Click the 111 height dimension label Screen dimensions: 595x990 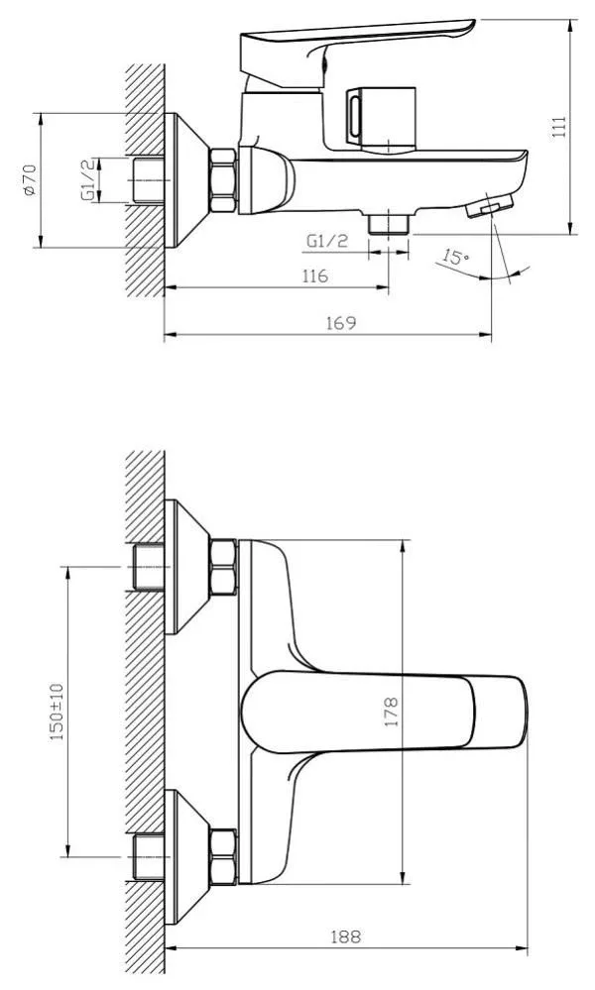coord(559,127)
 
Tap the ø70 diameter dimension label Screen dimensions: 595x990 coord(30,180)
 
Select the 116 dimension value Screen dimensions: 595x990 coord(314,275)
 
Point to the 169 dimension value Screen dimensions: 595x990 coord(341,323)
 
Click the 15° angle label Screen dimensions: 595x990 coord(455,257)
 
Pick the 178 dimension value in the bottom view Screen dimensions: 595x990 coord(392,712)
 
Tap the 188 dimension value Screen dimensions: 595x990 coord(346,936)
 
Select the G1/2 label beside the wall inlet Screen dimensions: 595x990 coord(90,180)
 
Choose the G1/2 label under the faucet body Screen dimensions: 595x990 coord(327,241)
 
